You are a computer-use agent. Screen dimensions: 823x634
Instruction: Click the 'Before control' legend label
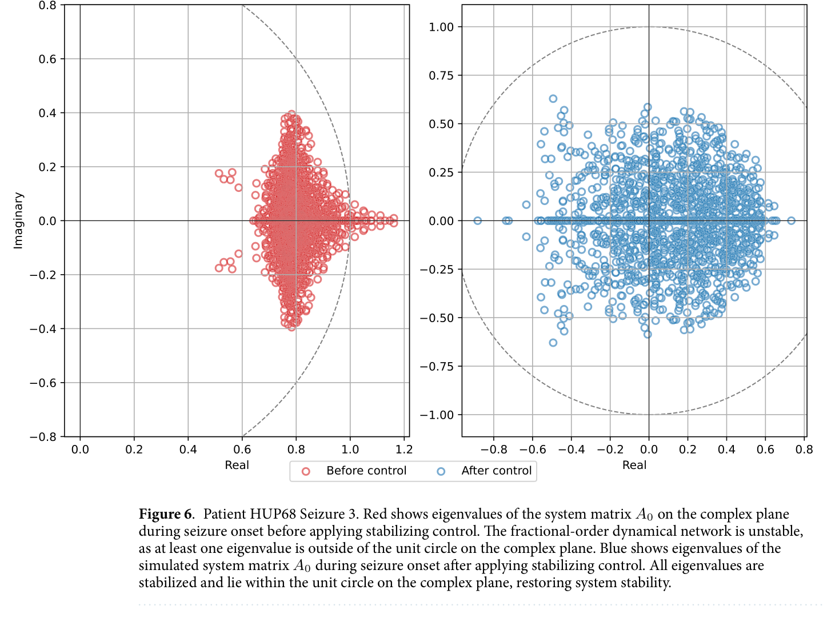pyautogui.click(x=366, y=471)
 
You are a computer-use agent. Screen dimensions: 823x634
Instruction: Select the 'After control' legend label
pyautogui.click(x=496, y=471)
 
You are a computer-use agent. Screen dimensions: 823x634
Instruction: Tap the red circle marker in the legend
pyautogui.click(x=306, y=471)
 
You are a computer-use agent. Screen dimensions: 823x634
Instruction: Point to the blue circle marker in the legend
pyautogui.click(x=441, y=471)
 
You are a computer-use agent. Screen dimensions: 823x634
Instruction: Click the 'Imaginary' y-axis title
pyautogui.click(x=18, y=220)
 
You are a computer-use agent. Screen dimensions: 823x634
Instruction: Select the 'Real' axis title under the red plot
pyautogui.click(x=237, y=465)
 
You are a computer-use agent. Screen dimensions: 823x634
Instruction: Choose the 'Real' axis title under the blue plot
pyautogui.click(x=634, y=465)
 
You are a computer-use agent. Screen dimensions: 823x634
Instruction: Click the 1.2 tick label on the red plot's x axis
pyautogui.click(x=404, y=450)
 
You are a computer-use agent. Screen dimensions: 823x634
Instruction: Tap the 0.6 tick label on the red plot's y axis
pyautogui.click(x=47, y=59)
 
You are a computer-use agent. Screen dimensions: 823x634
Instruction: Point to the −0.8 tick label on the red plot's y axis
pyautogui.click(x=43, y=437)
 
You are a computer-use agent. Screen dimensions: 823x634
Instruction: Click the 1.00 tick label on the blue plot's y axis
pyautogui.click(x=441, y=27)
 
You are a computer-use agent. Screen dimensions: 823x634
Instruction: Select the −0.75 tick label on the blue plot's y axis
pyautogui.click(x=437, y=366)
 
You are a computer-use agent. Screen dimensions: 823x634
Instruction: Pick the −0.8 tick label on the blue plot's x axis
pyautogui.click(x=493, y=450)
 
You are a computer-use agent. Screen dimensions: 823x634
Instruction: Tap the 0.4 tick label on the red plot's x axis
pyautogui.click(x=188, y=450)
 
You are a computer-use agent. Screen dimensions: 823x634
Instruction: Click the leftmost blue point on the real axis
pyautogui.click(x=478, y=220)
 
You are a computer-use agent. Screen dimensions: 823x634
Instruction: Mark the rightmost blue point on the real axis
pyautogui.click(x=791, y=220)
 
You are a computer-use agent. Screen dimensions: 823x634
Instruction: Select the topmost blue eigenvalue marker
pyautogui.click(x=553, y=99)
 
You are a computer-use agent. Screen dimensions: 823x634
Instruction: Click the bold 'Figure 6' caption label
pyautogui.click(x=166, y=514)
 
